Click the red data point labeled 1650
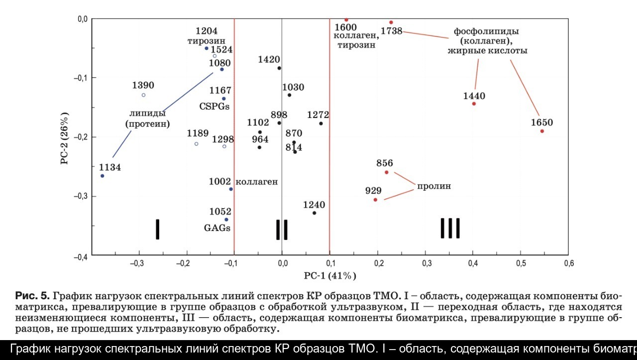[x=542, y=131]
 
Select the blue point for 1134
[x=103, y=176]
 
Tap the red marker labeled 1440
[x=474, y=104]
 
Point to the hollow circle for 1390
[x=143, y=95]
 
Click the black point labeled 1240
[x=314, y=213]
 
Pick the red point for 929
[x=375, y=200]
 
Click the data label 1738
[x=391, y=31]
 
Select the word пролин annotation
[x=434, y=186]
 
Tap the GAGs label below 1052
[x=217, y=228]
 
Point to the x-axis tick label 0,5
[x=521, y=263]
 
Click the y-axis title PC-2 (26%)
[x=65, y=138]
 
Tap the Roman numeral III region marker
[x=450, y=229]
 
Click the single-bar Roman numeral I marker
[x=157, y=229]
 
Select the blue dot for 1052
[x=226, y=220]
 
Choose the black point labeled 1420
[x=279, y=68]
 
